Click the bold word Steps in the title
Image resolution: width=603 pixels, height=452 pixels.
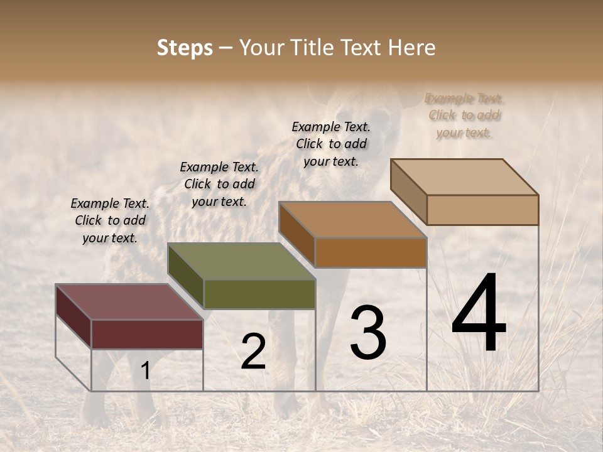click(185, 48)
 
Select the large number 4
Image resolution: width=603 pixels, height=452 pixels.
click(479, 314)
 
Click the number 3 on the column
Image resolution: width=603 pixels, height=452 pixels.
click(368, 333)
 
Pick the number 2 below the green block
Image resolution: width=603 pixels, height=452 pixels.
click(253, 352)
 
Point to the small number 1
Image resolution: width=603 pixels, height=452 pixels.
click(146, 371)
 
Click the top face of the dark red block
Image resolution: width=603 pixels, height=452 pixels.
click(129, 302)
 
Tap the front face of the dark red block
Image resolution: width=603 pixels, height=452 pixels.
click(147, 334)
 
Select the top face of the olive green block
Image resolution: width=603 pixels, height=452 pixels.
click(241, 261)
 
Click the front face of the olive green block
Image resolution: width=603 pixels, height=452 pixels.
click(259, 294)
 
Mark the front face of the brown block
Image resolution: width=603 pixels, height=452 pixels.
click(371, 252)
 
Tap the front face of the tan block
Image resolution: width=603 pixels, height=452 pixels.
click(482, 210)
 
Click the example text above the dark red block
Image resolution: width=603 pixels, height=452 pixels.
click(110, 220)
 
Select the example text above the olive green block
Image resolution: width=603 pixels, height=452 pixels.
click(219, 184)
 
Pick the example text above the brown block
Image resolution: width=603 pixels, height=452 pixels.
click(331, 144)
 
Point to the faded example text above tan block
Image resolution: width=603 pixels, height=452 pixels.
click(464, 116)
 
